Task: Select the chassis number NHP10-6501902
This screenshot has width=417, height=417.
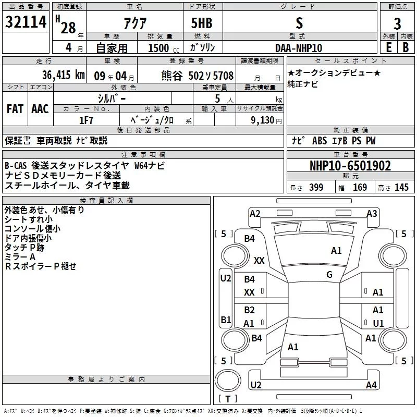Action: pyautogui.click(x=350, y=166)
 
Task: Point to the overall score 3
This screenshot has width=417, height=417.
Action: pyautogui.click(x=397, y=23)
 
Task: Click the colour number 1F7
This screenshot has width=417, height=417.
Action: pyautogui.click(x=86, y=120)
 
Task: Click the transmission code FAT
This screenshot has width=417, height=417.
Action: pyautogui.click(x=15, y=108)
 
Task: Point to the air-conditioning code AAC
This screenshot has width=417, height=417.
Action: pyautogui.click(x=40, y=108)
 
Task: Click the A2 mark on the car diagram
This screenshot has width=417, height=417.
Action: pyautogui.click(x=255, y=214)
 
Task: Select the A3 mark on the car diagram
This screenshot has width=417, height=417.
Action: pyautogui.click(x=372, y=214)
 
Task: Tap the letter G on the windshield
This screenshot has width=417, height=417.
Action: pyautogui.click(x=329, y=275)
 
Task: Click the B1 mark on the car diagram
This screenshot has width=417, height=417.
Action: pyautogui.click(x=225, y=320)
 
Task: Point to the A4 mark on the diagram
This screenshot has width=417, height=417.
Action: pyautogui.click(x=371, y=385)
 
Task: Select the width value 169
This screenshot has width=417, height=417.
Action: pyautogui.click(x=360, y=188)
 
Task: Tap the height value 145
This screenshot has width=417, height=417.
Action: pyautogui.click(x=401, y=188)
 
